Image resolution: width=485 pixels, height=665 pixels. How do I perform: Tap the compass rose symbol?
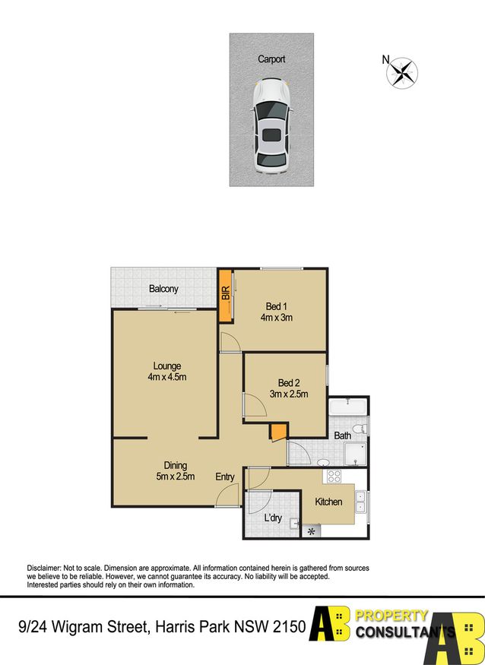pos(402,73)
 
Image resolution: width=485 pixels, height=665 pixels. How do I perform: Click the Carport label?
pos(271,59)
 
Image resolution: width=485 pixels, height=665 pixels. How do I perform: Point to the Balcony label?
pos(163,290)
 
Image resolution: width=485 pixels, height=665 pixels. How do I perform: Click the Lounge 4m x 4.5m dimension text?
pos(167,377)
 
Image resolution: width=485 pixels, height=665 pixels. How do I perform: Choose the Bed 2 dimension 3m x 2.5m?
pos(289,394)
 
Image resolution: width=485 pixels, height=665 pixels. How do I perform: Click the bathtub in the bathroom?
pos(348,407)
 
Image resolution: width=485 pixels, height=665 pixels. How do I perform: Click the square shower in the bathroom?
pos(355,454)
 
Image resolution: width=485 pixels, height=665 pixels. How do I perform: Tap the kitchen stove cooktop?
pos(334,477)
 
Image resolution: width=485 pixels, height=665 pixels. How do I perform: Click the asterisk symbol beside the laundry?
pos(311,531)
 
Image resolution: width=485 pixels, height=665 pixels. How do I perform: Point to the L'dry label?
pos(273,518)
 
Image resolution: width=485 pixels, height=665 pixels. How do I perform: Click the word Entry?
pos(225,477)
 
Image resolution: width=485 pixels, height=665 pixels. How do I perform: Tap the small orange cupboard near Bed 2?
pos(278,432)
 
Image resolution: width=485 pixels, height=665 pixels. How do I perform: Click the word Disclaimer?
pos(43,568)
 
